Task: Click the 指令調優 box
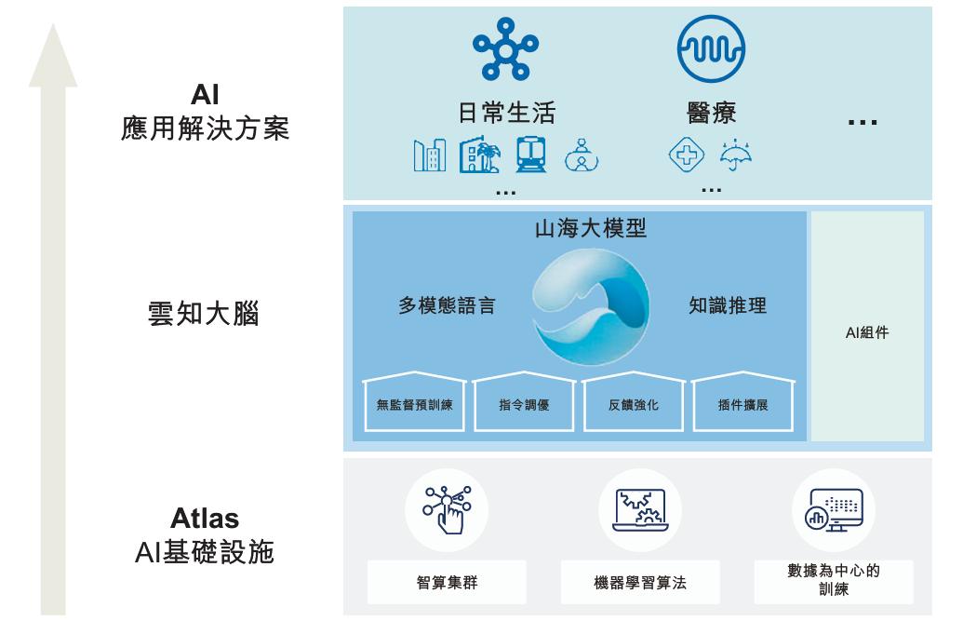[x=524, y=405]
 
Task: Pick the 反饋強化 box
[x=634, y=405]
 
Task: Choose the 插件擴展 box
[x=742, y=405]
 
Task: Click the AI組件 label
[x=867, y=332]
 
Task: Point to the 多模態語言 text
[x=447, y=306]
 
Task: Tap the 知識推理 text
[x=728, y=306]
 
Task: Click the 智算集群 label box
[x=447, y=583]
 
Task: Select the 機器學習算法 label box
[x=640, y=583]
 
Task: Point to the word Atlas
[x=205, y=519]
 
